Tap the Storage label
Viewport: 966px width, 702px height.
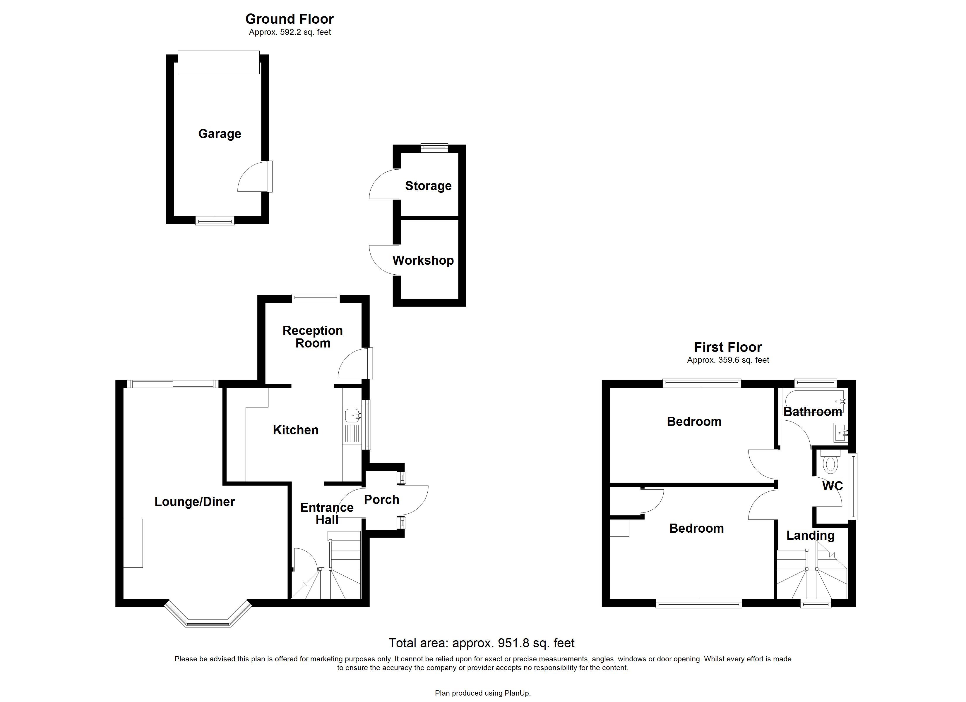point(428,186)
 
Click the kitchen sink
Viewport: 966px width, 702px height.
point(352,415)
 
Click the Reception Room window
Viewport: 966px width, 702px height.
point(316,298)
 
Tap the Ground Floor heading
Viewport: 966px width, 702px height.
point(289,19)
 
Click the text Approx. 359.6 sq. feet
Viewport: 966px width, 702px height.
point(728,360)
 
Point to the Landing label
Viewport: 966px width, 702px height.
point(810,536)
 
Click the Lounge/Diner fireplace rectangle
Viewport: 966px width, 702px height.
point(133,543)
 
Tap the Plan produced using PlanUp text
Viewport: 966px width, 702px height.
point(483,693)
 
